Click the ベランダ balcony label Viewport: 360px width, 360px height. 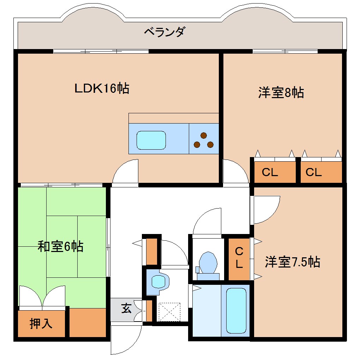(164, 32)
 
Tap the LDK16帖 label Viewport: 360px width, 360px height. (102, 88)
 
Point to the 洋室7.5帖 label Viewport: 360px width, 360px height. (293, 262)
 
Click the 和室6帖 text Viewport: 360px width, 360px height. (60, 246)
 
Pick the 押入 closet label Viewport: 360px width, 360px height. (41, 323)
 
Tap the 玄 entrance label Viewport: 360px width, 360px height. (126, 309)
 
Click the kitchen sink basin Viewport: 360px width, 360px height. (151, 140)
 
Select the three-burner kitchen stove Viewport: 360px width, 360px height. (204, 140)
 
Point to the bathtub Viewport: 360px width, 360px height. (236, 310)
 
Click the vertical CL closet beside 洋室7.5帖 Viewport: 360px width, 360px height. (239, 258)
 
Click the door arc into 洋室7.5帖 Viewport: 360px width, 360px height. (265, 210)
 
